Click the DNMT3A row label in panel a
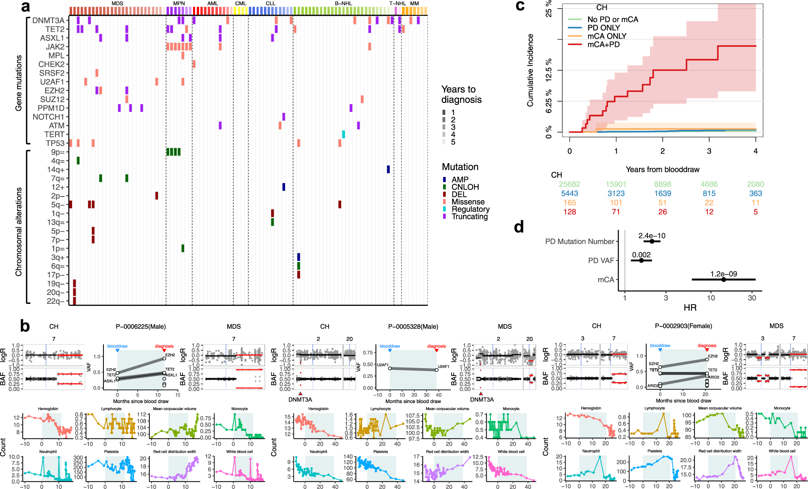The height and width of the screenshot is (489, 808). tap(48, 21)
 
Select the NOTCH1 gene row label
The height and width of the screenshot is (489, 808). tap(48, 117)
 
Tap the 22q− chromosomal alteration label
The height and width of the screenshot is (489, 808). tap(56, 301)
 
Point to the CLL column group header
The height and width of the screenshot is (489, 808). tap(270, 4)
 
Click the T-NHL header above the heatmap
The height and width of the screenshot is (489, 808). tap(397, 4)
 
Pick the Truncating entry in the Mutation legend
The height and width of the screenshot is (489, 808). tap(470, 216)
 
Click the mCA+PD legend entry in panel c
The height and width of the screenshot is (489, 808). tap(603, 44)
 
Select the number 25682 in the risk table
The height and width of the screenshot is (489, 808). tap(569, 184)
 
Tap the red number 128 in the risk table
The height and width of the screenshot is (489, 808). tap(569, 212)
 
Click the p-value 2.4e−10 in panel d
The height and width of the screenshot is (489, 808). tap(652, 236)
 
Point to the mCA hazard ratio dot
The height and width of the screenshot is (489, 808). tap(723, 279)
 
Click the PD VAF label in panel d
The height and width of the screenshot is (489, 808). tap(601, 260)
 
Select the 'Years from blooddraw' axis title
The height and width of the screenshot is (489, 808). tap(663, 170)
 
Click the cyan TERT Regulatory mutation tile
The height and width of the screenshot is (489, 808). tap(343, 134)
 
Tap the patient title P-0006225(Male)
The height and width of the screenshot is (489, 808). tap(141, 327)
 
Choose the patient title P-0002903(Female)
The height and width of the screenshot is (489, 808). tap(683, 326)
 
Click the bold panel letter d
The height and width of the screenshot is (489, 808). tap(519, 227)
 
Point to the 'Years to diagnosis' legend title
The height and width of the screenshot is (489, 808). tap(461, 94)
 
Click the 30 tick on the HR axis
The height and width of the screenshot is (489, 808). tap(752, 298)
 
